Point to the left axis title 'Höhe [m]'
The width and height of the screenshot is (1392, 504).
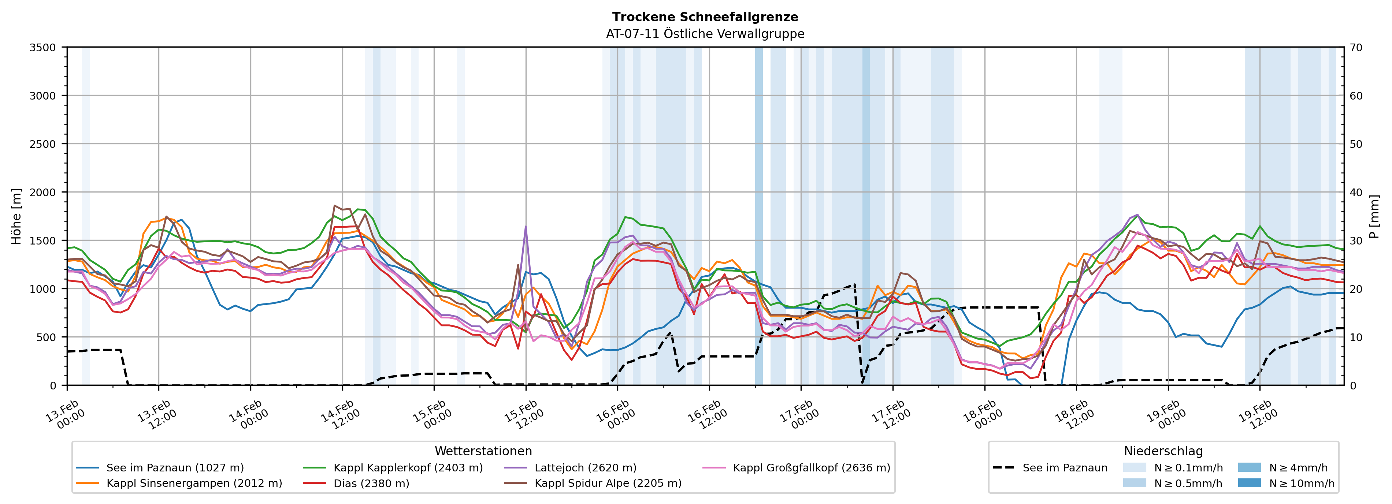[17, 216]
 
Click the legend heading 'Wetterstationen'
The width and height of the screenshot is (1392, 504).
[483, 451]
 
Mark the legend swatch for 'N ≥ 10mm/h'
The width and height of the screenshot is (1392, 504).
[1249, 483]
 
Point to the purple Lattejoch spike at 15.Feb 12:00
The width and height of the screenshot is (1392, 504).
[526, 227]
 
